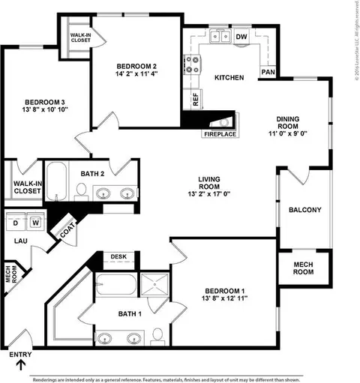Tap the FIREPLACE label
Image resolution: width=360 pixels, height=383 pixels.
219,133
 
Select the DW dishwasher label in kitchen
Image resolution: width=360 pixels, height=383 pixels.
241,36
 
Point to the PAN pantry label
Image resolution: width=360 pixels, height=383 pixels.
267,72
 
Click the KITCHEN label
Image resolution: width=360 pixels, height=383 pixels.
229,78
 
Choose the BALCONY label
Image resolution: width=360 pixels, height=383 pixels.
304,210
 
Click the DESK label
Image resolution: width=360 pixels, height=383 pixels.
118,256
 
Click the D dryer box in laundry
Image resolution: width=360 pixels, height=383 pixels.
15,223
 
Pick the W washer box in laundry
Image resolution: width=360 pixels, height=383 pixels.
35,223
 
